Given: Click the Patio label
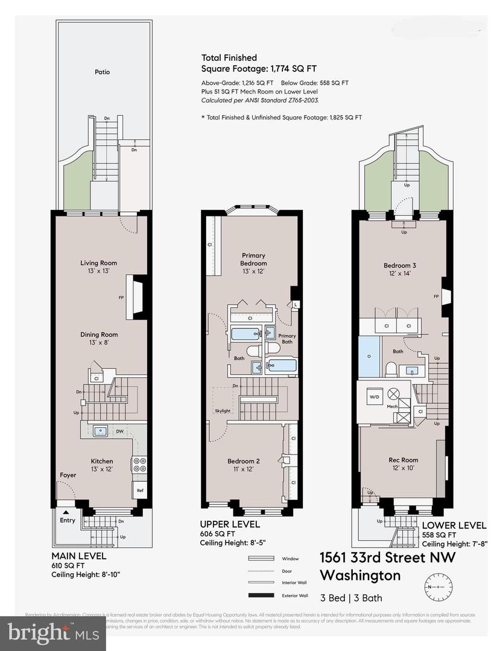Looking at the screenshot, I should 102,72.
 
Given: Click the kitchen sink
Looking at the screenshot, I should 100,431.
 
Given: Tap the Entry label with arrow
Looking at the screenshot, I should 68,518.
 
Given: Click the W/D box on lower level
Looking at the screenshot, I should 373,397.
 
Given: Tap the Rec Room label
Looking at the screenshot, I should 403,464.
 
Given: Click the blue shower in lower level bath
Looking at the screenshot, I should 368,356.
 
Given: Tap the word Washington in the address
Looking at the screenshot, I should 359,574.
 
